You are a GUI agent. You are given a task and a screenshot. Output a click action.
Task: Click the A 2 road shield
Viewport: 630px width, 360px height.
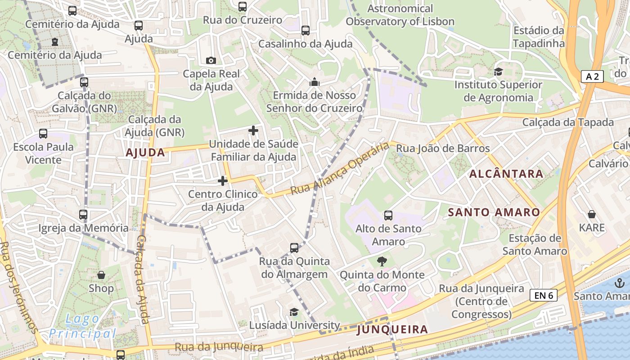pyautogui.click(x=592, y=77)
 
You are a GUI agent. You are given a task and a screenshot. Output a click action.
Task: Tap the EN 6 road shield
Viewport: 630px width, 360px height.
pyautogui.click(x=543, y=295)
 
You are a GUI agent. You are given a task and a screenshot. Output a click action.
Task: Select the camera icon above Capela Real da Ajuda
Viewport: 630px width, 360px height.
pyautogui.click(x=211, y=60)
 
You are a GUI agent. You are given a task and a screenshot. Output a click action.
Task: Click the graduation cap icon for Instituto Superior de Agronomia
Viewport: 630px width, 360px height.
pyautogui.click(x=498, y=72)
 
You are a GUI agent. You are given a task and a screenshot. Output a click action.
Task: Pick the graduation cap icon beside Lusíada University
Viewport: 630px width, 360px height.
pyautogui.click(x=294, y=312)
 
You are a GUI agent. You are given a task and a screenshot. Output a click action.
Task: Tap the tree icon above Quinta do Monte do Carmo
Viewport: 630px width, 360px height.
pyautogui.click(x=382, y=261)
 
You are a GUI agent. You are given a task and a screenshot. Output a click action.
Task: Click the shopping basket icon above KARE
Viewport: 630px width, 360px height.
pyautogui.click(x=591, y=215)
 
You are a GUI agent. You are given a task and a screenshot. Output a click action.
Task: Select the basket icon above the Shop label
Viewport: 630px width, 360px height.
pyautogui.click(x=101, y=275)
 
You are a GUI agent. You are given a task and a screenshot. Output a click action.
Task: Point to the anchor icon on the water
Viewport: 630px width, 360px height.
pyautogui.click(x=620, y=283)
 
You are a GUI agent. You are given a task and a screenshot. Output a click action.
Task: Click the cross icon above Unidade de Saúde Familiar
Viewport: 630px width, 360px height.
pyautogui.click(x=253, y=131)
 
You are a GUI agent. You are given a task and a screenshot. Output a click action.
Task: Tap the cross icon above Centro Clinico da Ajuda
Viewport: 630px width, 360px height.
pyautogui.click(x=223, y=181)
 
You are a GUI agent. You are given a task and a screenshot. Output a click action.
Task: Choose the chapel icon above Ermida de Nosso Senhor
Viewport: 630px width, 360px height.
pyautogui.click(x=314, y=82)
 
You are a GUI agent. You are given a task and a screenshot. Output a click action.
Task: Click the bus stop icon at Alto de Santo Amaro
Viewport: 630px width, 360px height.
pyautogui.click(x=388, y=216)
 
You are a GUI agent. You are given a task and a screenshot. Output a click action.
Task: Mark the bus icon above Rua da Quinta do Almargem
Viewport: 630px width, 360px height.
pyautogui.click(x=294, y=248)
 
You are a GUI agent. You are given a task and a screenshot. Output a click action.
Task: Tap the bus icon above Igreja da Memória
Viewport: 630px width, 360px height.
pyautogui.click(x=83, y=215)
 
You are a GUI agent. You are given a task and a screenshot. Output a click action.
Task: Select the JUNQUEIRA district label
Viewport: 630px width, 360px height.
pyautogui.click(x=392, y=330)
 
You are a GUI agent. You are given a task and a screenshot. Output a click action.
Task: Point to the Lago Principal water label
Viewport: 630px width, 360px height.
pyautogui.click(x=82, y=326)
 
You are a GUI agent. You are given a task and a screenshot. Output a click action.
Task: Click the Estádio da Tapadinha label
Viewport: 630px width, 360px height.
pyautogui.click(x=539, y=37)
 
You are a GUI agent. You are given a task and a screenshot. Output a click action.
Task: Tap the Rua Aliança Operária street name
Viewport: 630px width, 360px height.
pyautogui.click(x=340, y=169)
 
